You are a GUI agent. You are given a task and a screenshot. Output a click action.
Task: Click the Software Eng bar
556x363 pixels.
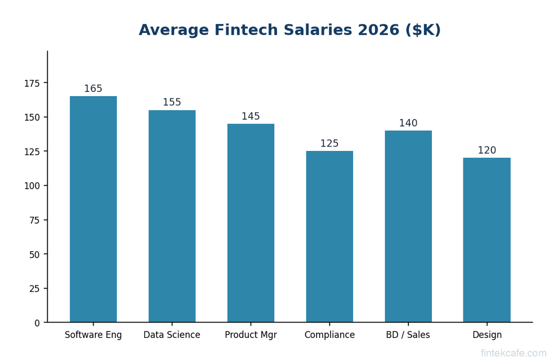pos(93,209)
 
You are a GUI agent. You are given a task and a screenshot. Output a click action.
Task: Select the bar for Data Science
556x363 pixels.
pos(172,216)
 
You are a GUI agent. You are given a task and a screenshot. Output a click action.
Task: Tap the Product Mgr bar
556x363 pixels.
pos(251,223)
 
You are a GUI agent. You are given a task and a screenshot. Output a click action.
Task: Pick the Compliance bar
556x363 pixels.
pos(329,236)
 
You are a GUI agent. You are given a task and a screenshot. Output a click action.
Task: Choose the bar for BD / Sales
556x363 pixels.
pos(408,226)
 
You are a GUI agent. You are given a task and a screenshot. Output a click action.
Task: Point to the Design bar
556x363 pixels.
pos(487,240)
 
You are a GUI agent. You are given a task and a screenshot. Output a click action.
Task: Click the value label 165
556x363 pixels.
pos(93,89)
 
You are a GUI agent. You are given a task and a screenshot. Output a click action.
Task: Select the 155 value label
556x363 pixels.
pos(172,103)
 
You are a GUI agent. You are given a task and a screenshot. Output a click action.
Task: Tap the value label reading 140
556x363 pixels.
pos(408,123)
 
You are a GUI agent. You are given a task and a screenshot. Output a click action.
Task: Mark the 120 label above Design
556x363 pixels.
pos(487,150)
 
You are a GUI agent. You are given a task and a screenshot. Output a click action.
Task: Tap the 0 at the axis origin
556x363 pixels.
pos(37,323)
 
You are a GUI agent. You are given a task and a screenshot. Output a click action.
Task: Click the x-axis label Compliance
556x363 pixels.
pos(329,335)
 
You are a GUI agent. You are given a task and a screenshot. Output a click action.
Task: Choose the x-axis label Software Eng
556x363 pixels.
pos(93,335)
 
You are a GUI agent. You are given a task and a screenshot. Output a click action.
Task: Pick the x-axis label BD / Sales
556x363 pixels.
pos(408,335)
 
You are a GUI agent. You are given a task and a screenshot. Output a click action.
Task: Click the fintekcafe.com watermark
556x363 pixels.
pos(513,353)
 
